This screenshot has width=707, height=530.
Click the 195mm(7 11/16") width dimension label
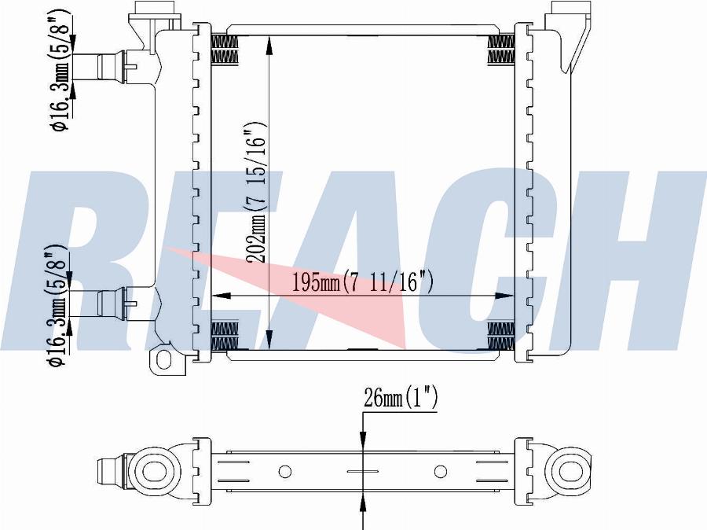pyautogui.click(x=362, y=282)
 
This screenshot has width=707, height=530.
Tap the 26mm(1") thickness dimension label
pyautogui.click(x=401, y=398)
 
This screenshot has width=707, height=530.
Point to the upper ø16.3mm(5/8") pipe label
pyautogui.click(x=60, y=70)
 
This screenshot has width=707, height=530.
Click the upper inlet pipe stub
pyautogui.click(x=112, y=66)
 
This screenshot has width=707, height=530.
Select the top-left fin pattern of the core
pyautogui.click(x=225, y=50)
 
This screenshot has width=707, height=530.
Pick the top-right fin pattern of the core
pyautogui.click(x=501, y=50)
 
